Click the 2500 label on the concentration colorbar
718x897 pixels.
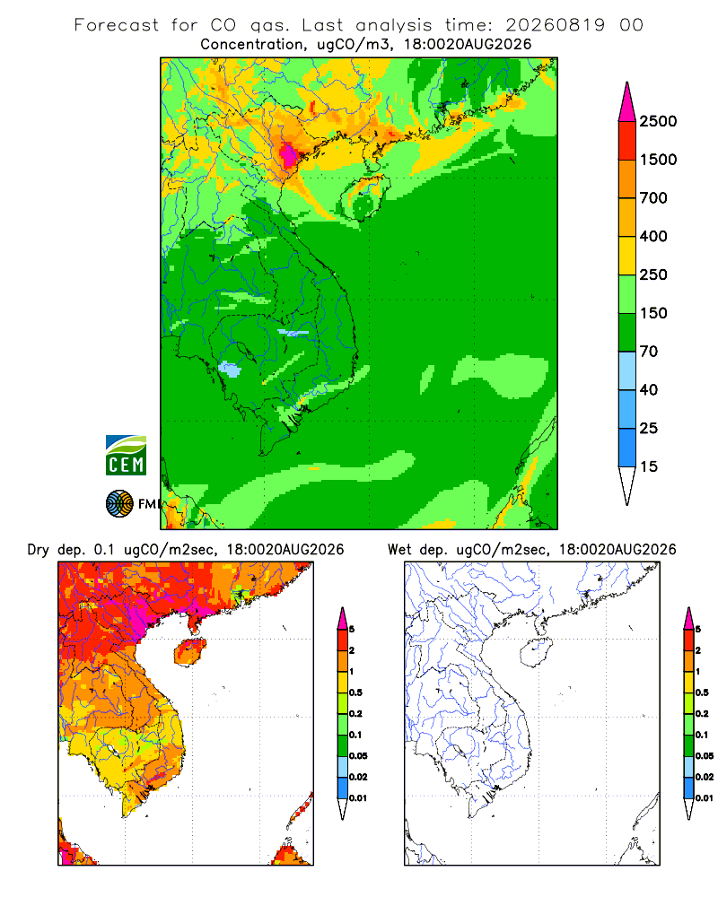[x=658, y=121]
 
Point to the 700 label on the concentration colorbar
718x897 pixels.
[x=653, y=198]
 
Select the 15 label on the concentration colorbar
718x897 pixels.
[x=649, y=466]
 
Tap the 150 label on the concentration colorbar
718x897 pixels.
[x=653, y=313]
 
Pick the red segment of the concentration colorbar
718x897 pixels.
[x=627, y=141]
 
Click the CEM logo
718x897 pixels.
[x=126, y=456]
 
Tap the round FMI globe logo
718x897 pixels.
[x=119, y=504]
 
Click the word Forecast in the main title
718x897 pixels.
[x=117, y=25]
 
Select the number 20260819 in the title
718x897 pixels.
[x=555, y=25]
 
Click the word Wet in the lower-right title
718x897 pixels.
[x=399, y=550]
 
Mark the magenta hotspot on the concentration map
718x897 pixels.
[x=288, y=153]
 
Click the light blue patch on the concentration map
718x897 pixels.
[x=230, y=370]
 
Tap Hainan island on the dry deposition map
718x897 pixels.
[x=190, y=652]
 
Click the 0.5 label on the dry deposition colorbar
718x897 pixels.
[x=355, y=692]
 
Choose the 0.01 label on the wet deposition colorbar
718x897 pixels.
[x=705, y=798]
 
